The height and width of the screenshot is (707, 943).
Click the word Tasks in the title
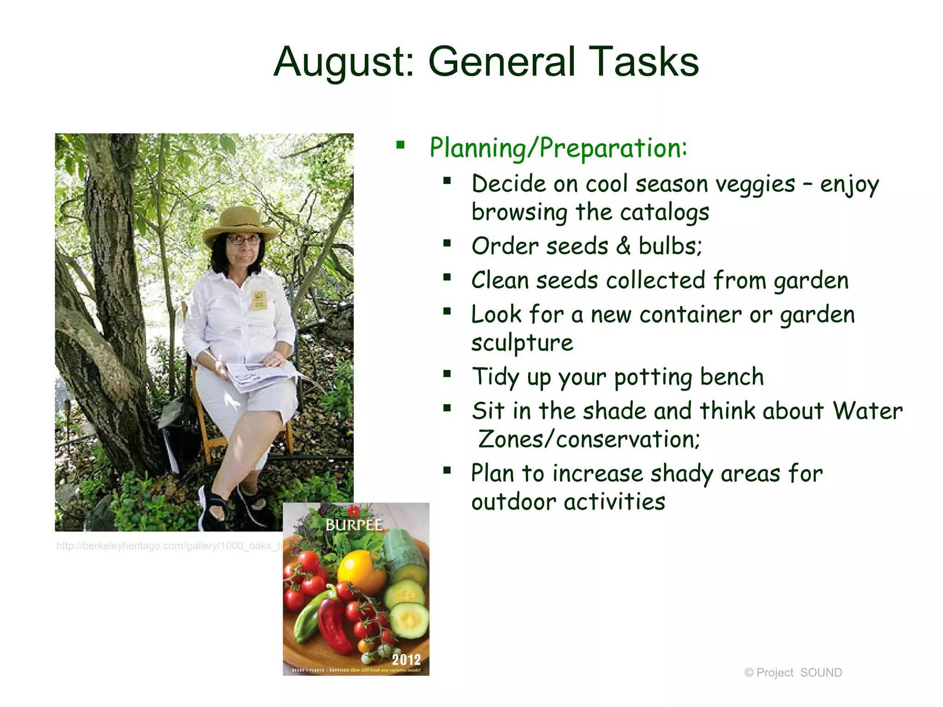pyautogui.click(x=644, y=62)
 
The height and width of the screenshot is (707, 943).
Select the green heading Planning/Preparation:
pyautogui.click(x=558, y=148)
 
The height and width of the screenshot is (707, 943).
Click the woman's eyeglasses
pyautogui.click(x=244, y=240)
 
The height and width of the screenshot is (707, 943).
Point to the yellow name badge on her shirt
pyautogui.click(x=259, y=300)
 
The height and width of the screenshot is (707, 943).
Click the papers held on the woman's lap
pyautogui.click(x=260, y=375)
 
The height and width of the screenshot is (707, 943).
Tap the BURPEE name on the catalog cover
pyautogui.click(x=354, y=525)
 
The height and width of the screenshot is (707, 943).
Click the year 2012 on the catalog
pyautogui.click(x=406, y=659)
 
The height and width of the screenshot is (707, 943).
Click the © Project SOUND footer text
pyautogui.click(x=793, y=672)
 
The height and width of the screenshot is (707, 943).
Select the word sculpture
pyautogui.click(x=522, y=343)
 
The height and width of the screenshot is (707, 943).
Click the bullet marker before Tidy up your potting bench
pyautogui.click(x=447, y=373)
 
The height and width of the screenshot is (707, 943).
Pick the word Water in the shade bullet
pyautogui.click(x=867, y=411)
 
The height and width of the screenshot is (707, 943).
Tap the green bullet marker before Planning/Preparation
pyautogui.click(x=400, y=145)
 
